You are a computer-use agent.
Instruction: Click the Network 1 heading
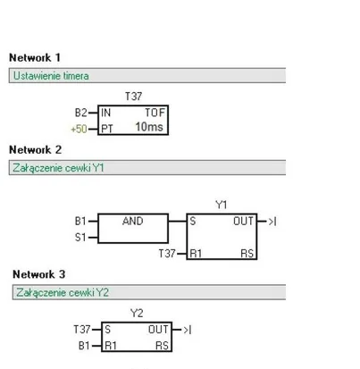35,57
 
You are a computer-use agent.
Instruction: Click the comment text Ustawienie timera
51,76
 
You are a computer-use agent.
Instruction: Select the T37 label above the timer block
133,96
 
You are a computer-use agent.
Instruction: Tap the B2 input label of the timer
80,113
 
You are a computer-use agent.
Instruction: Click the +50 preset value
80,129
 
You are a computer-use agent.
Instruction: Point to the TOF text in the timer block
155,113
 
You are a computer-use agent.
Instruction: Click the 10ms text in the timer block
149,127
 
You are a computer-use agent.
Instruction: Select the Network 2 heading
36,149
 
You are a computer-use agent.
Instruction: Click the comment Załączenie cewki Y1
58,168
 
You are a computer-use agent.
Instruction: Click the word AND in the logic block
133,221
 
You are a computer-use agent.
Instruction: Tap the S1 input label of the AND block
80,238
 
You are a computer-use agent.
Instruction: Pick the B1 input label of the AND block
80,222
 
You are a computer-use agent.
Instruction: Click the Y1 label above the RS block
222,205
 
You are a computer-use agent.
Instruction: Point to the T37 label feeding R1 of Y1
167,254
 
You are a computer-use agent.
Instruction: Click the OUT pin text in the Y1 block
243,222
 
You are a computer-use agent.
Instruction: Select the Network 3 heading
39,274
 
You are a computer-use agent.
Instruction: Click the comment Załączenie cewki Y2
63,292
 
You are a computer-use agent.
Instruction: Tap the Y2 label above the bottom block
137,313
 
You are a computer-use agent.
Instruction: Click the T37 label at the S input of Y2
82,330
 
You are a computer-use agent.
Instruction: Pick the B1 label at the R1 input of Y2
84,346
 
